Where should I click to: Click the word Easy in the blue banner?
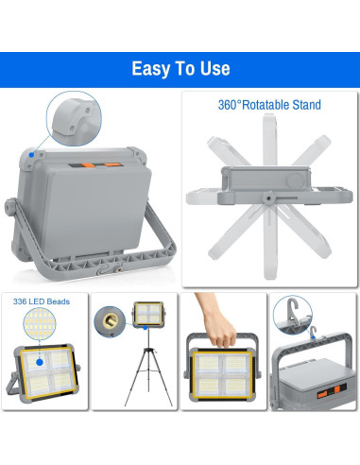151,69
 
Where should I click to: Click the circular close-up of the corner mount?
70,120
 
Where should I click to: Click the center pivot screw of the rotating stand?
266,199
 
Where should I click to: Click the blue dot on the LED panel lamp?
42,360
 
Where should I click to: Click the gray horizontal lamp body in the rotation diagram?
266,181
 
